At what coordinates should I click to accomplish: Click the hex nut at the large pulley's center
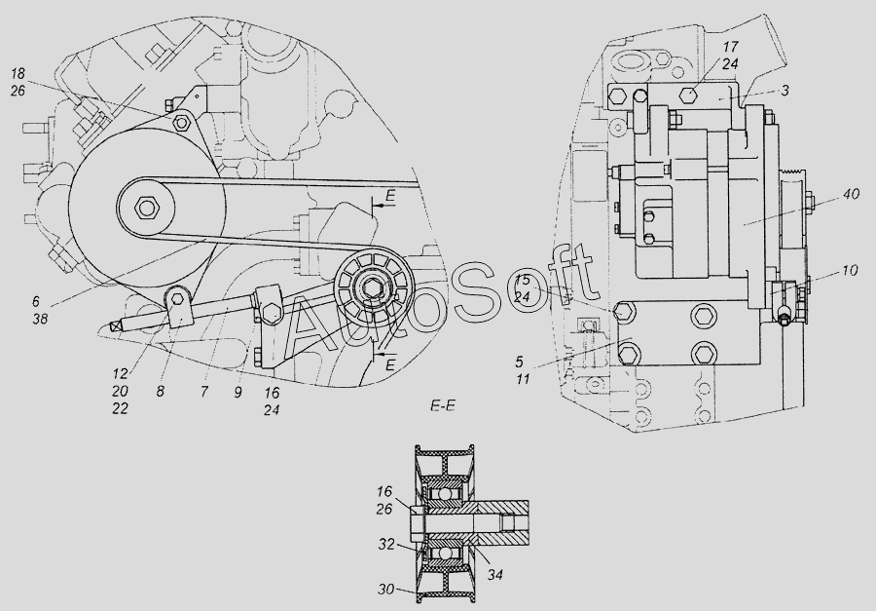point(146,208)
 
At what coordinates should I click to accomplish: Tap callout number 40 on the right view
point(852,194)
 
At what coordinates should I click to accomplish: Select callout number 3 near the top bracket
point(785,91)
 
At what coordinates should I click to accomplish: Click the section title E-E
point(443,406)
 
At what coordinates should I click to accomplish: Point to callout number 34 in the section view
point(494,575)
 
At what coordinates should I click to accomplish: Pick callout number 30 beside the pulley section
point(386,590)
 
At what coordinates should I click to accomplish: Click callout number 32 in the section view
point(387,544)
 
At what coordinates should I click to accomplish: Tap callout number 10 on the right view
point(850,271)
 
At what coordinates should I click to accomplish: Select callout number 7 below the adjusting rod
point(204,392)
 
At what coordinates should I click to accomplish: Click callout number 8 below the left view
point(161,392)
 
